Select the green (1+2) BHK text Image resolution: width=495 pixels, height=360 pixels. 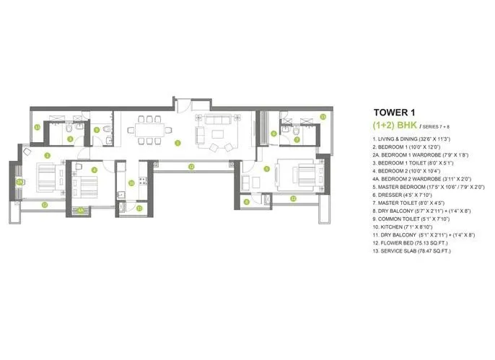(397, 124)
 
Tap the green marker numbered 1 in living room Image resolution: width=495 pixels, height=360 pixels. (177, 142)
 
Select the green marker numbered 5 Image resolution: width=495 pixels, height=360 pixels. (266, 169)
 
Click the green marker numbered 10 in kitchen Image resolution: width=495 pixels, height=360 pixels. (131, 183)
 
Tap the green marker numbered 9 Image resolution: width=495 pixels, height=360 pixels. (97, 130)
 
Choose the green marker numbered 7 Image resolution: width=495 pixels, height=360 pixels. (297, 139)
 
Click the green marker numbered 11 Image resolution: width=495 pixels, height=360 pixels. (139, 208)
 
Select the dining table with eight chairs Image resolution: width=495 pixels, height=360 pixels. (148, 131)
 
